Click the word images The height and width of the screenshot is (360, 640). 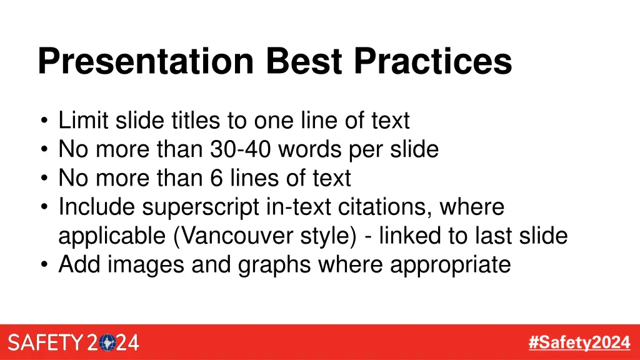pos(147,265)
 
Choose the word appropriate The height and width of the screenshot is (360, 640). pos(450,265)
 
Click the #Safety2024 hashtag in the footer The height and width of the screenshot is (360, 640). pos(579,342)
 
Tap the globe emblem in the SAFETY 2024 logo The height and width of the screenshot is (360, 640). pos(109,343)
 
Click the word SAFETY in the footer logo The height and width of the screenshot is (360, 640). pos(45,343)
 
